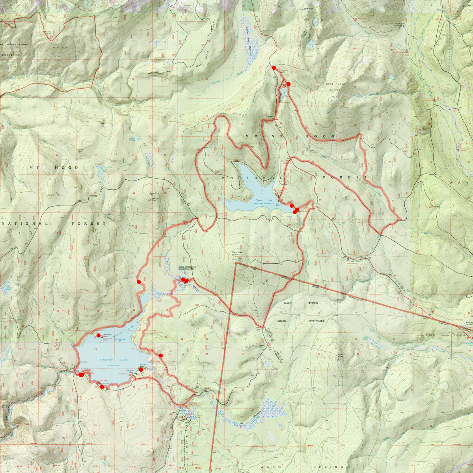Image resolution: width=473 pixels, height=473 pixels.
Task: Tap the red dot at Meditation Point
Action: pyautogui.click(x=99, y=335)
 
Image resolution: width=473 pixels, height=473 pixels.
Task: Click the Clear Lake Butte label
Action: pyautogui.click(x=236, y=255)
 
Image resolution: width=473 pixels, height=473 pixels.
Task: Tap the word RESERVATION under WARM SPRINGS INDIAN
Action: pyautogui.click(x=317, y=321)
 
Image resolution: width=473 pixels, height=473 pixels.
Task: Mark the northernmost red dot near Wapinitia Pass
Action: pyautogui.click(x=274, y=68)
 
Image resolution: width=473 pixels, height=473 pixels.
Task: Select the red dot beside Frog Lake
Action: pyautogui.click(x=288, y=84)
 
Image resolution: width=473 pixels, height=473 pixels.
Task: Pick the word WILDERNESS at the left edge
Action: pyautogui.click(x=10, y=55)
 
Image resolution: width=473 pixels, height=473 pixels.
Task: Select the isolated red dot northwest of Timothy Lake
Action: pyautogui.click(x=138, y=281)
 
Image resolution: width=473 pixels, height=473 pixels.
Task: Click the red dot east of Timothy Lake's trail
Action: pyautogui.click(x=161, y=356)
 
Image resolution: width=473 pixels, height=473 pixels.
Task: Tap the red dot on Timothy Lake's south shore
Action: pyautogui.click(x=102, y=387)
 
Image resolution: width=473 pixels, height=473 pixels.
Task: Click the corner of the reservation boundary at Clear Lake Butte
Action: pyautogui.click(x=235, y=263)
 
